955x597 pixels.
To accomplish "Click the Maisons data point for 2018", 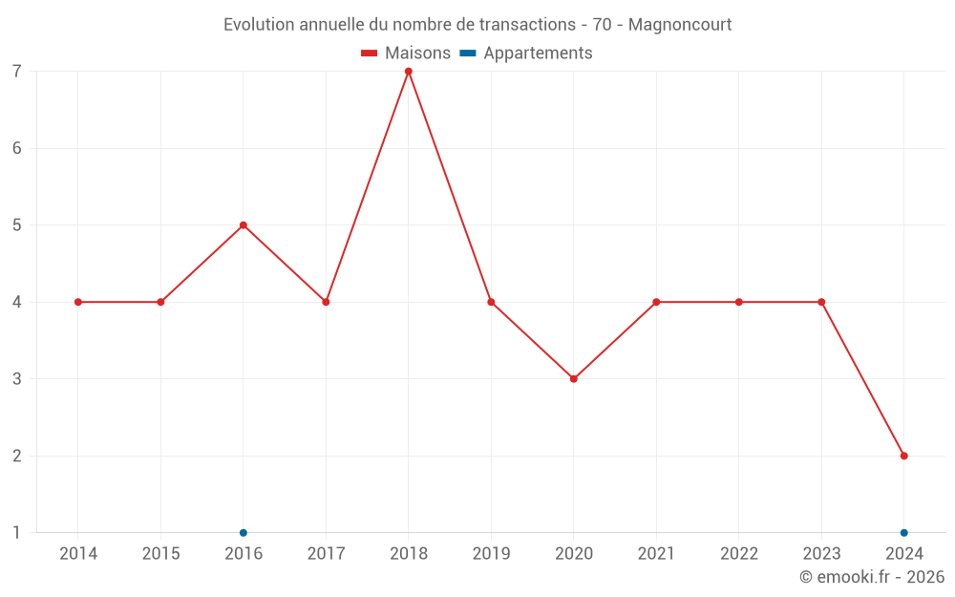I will (x=409, y=72).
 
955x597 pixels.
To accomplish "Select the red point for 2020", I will (x=574, y=379).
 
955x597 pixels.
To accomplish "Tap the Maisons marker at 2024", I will (x=903, y=456).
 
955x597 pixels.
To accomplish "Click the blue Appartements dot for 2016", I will (x=244, y=533).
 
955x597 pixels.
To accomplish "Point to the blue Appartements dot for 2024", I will (x=903, y=533).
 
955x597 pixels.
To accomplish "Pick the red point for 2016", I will (x=244, y=225).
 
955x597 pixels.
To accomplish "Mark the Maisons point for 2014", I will (x=78, y=302).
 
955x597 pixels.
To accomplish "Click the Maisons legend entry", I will (x=406, y=53).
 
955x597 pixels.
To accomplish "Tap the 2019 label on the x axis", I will (x=491, y=554).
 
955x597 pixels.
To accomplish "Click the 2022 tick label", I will (x=739, y=554).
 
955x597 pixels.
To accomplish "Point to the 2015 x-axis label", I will (x=160, y=554).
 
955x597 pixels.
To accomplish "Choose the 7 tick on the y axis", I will (x=17, y=72).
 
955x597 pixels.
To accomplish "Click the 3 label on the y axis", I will (x=17, y=379).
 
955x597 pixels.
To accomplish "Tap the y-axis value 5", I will (x=17, y=225).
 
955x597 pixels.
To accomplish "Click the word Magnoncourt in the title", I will (x=680, y=25).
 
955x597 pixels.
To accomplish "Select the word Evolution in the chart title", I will (x=258, y=25).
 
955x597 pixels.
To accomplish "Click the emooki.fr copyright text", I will (x=872, y=577).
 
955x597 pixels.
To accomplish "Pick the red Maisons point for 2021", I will (x=656, y=302).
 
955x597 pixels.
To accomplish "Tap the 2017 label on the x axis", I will (x=326, y=554).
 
